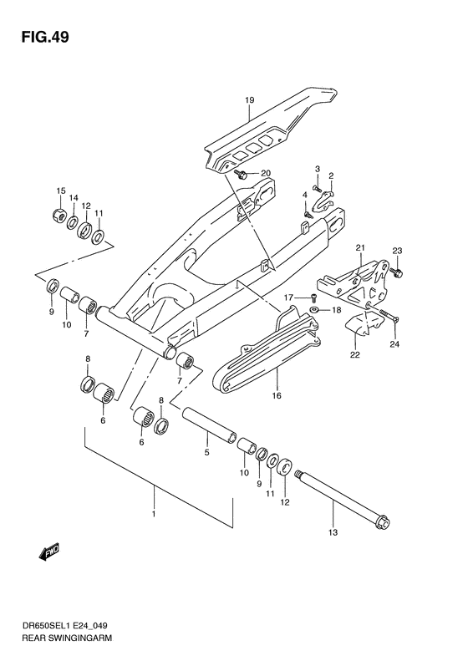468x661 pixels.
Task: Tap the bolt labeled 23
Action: (397, 273)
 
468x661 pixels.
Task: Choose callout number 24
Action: (395, 342)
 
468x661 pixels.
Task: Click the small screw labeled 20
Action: (241, 175)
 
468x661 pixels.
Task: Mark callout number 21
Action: (360, 247)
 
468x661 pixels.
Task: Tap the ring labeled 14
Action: (73, 222)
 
